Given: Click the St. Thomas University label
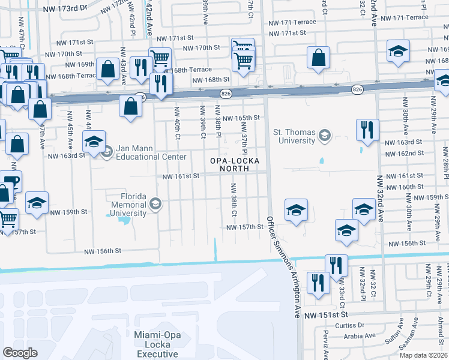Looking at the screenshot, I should click(x=294, y=136).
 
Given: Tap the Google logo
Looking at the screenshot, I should click(x=20, y=352).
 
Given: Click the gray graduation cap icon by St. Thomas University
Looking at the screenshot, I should click(x=325, y=134).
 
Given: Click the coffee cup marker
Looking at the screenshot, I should click(x=10, y=181).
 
